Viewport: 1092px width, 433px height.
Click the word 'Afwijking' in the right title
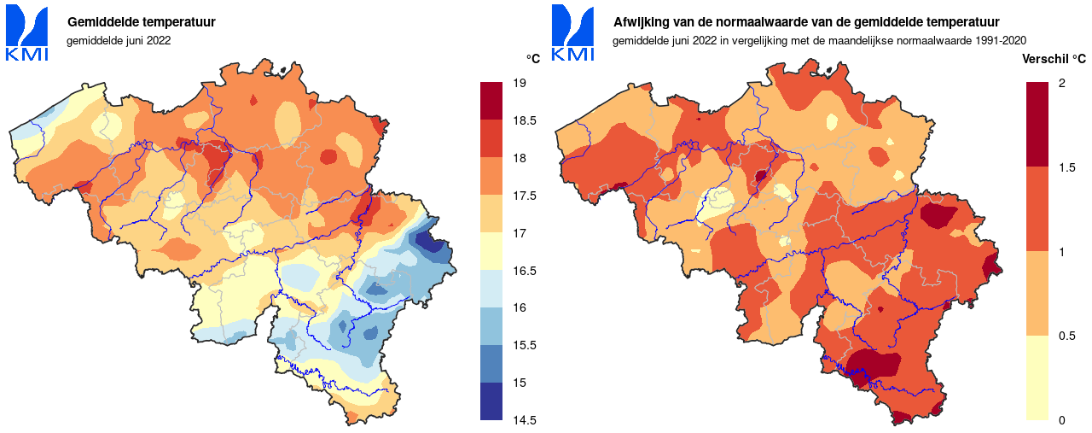pos(642,22)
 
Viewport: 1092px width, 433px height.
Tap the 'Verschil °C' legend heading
pos(1054,59)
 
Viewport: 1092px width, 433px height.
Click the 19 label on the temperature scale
pos(518,83)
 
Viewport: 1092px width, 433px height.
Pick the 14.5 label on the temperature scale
pos(523,420)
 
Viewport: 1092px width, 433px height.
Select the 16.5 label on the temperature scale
pos(523,271)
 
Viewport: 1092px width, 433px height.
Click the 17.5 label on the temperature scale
pos(523,196)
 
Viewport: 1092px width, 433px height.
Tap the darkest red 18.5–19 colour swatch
pos(491,101)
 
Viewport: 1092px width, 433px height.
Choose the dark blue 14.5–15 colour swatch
pos(491,401)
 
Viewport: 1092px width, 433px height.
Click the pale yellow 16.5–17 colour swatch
pos(491,251)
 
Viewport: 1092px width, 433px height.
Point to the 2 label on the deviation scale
pos(1061,83)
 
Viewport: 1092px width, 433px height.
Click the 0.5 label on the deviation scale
pos(1066,336)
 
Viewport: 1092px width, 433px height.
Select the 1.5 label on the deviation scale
pos(1066,167)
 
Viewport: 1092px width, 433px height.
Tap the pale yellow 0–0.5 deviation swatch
pos(1037,377)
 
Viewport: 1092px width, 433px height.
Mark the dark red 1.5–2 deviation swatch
pos(1037,124)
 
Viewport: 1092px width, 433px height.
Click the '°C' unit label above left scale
pos(532,59)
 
